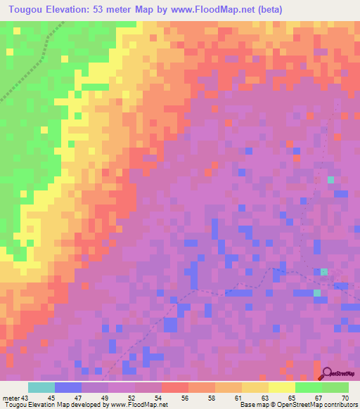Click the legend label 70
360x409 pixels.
click(345, 398)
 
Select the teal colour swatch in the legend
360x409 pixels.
click(41, 388)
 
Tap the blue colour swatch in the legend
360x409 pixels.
click(68, 388)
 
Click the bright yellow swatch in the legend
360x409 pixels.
click(281, 388)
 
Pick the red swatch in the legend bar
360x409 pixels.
click(174, 388)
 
